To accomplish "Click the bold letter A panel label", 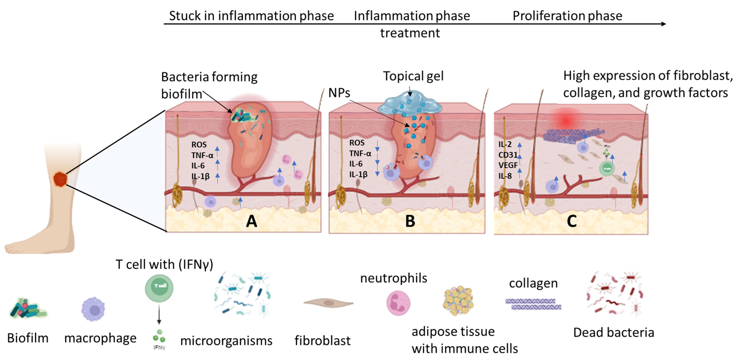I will (252, 221).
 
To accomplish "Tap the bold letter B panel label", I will (410, 221).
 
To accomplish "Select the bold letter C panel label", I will (572, 221).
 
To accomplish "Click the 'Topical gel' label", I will (413, 76).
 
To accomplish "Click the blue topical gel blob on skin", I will (410, 104).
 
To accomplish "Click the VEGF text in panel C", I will (508, 165).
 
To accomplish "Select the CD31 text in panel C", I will (508, 155).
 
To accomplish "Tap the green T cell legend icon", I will (159, 288).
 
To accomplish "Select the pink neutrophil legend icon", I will (398, 303).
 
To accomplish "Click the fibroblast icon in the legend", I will (328, 302).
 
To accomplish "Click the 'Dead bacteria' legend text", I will (613, 332).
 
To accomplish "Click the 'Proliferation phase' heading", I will (567, 15).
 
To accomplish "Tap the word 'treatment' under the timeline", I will (410, 33).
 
